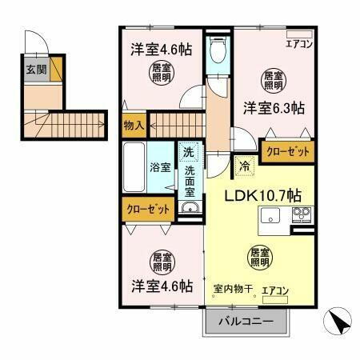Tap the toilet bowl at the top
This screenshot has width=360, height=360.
point(217,51)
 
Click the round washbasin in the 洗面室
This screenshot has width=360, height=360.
point(189,209)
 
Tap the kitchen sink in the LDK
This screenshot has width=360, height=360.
point(270,214)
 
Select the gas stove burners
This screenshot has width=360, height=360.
point(302,214)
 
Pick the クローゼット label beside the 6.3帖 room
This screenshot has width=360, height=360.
point(286,150)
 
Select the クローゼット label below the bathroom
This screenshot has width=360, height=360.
point(149,210)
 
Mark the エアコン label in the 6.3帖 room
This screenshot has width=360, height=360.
point(298,46)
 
